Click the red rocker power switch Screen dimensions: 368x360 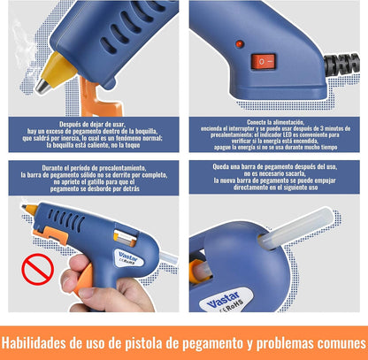[x=263, y=62]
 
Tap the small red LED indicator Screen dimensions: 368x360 [x=240, y=44]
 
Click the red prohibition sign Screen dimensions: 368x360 [x=37, y=269]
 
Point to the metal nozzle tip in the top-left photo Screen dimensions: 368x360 [x=43, y=86]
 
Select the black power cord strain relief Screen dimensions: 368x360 [x=341, y=64]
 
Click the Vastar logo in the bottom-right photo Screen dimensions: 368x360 [x=223, y=299]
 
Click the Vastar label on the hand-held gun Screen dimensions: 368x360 [x=128, y=257]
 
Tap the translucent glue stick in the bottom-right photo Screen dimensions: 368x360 [x=295, y=227]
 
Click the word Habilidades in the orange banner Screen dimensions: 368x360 [x=34, y=342]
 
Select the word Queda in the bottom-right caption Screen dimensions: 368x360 [x=221, y=166]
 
